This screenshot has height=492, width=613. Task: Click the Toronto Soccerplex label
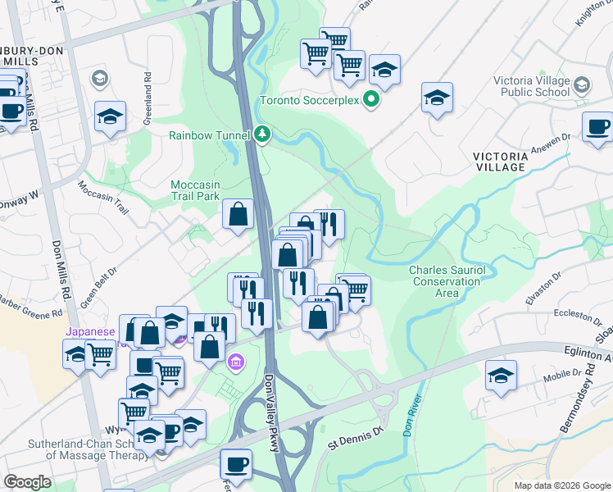tap(310, 102)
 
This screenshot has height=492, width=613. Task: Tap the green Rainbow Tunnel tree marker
tap(262, 134)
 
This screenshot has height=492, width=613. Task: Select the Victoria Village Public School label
tap(532, 86)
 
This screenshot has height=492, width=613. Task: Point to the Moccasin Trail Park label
tap(196, 190)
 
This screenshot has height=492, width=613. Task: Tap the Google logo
tap(27, 482)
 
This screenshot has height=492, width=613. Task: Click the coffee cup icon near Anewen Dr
tap(599, 126)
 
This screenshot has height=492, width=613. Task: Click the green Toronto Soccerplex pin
tap(371, 101)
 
